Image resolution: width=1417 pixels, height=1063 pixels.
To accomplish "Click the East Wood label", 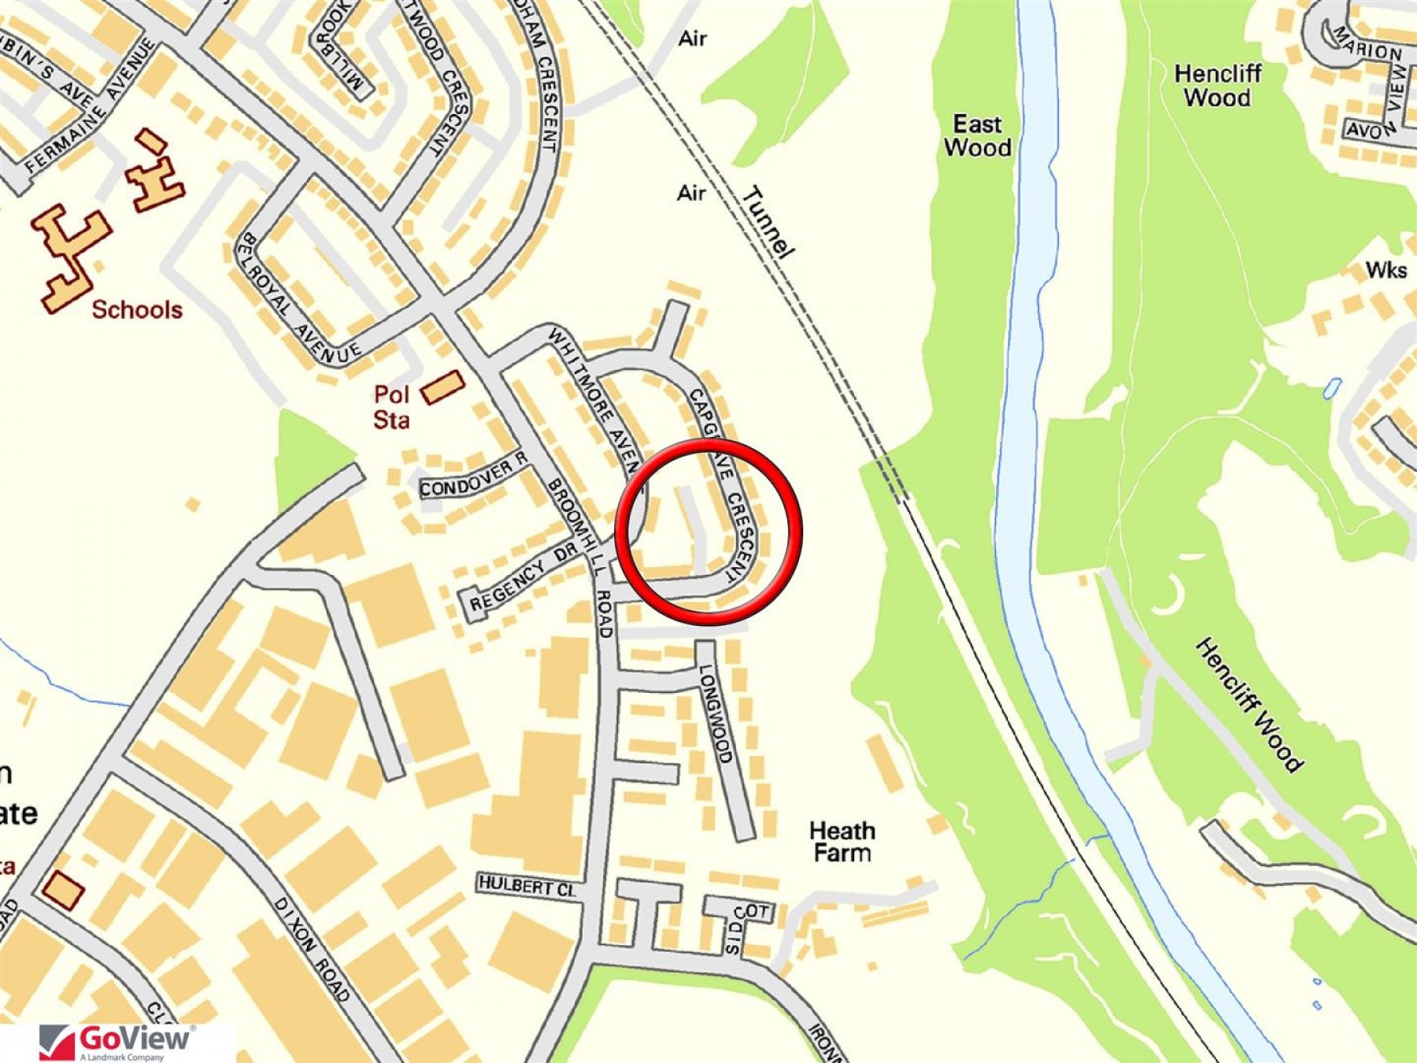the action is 977,135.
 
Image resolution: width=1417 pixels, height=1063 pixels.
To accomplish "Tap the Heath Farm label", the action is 842,842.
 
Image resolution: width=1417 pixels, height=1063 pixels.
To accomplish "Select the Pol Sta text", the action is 391,406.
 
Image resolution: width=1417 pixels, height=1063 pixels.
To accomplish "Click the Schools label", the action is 137,309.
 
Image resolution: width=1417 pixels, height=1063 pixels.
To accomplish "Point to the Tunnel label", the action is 768,222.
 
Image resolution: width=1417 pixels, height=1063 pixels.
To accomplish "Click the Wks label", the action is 1386,270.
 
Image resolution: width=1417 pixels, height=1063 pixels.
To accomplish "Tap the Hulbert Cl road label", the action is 527,886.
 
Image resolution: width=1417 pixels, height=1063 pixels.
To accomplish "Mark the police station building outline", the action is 442,387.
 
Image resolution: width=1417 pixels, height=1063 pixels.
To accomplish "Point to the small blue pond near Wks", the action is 1332,387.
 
